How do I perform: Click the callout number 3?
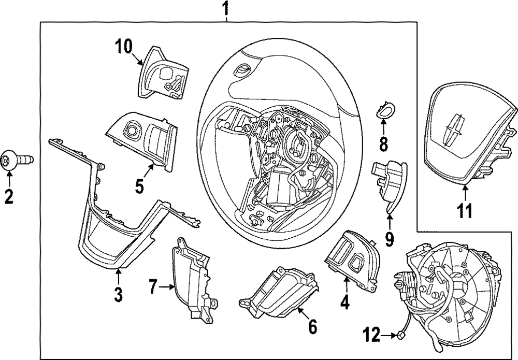pos(118,294)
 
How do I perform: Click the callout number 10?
pos(124,47)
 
